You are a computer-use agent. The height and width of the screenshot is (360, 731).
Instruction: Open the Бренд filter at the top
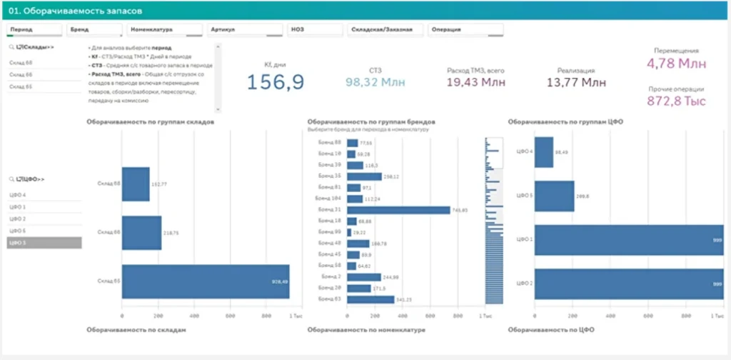click(95, 30)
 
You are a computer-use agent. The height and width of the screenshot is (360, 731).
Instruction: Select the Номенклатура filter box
click(165, 30)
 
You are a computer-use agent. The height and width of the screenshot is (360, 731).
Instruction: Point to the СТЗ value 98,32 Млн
click(375, 82)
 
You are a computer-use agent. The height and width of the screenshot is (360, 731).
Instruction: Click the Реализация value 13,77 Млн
click(575, 82)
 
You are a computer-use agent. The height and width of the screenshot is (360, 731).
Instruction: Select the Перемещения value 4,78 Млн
click(676, 64)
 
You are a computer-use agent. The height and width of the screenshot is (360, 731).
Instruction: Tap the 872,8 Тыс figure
click(676, 102)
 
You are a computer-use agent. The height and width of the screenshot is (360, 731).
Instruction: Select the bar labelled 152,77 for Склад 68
click(136, 184)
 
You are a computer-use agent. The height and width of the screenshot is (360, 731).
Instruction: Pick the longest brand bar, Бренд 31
click(398, 210)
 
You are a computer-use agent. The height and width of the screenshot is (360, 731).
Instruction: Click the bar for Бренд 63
click(370, 299)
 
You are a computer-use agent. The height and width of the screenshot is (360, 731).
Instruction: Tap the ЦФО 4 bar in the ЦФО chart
click(544, 151)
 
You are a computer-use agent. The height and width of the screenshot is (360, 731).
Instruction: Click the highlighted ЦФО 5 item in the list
click(44, 243)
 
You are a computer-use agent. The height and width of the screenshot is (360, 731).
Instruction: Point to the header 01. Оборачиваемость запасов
click(75, 11)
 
